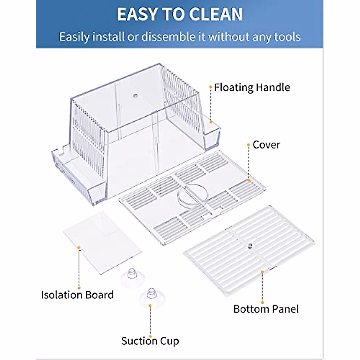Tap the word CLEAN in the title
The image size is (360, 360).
(x=214, y=14)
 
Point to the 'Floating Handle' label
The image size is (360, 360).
(x=252, y=88)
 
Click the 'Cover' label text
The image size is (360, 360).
(x=266, y=145)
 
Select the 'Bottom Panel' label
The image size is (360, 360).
(x=266, y=309)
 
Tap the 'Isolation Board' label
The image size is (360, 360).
(x=77, y=295)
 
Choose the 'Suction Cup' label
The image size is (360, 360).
(x=150, y=341)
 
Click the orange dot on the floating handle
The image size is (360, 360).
(x=211, y=122)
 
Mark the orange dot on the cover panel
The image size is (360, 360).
(x=249, y=180)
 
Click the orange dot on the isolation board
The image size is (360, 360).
(x=79, y=247)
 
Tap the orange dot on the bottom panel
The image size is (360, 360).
(x=262, y=272)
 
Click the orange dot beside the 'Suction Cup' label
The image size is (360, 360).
(x=150, y=329)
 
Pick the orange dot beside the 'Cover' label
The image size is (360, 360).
(x=248, y=145)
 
